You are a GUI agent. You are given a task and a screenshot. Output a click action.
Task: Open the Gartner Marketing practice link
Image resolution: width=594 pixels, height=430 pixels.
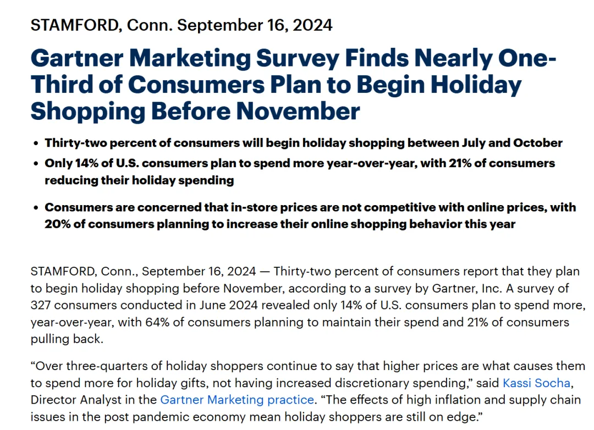(x=237, y=400)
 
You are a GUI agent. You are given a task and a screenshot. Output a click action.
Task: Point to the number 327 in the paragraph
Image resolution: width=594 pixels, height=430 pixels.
(x=41, y=305)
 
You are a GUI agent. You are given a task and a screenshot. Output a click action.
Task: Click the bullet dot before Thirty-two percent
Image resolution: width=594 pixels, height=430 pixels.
(x=36, y=144)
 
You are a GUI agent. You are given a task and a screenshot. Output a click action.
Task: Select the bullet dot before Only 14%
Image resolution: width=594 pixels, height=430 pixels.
(x=36, y=163)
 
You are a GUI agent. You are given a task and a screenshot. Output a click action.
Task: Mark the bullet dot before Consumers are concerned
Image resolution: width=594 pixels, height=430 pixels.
(x=36, y=208)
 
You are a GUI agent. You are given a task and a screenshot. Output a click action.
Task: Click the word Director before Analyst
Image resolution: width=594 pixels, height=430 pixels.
(x=51, y=400)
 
